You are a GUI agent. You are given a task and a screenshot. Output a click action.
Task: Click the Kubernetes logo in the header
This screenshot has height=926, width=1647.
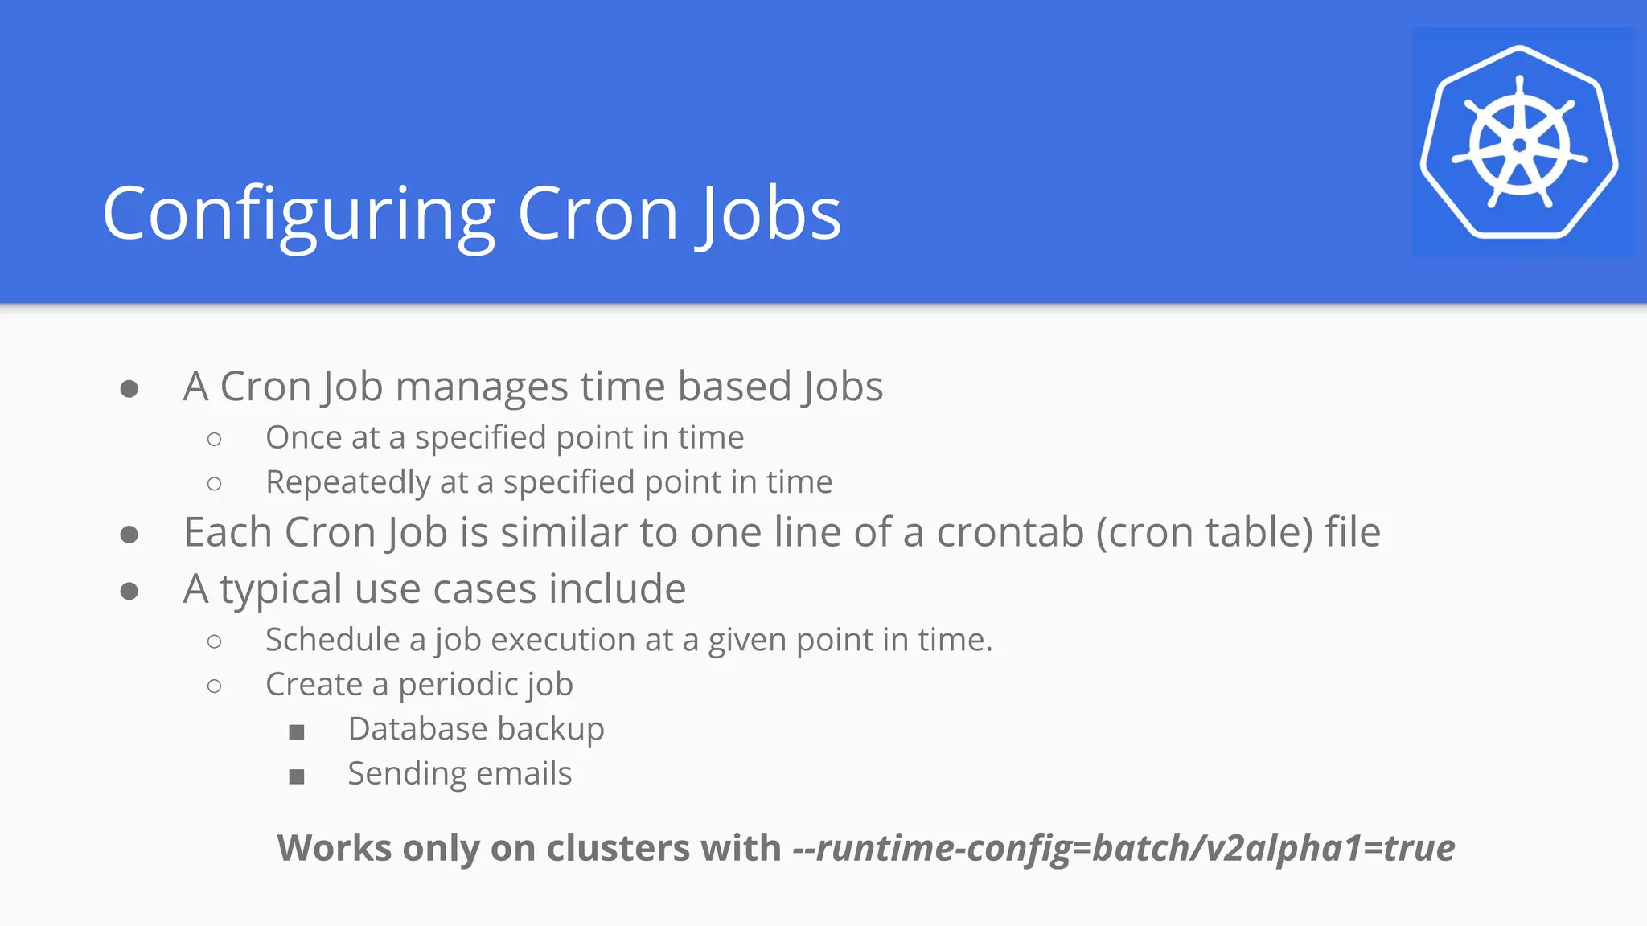click(1520, 143)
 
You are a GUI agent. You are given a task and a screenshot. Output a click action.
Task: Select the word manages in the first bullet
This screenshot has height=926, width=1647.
click(482, 387)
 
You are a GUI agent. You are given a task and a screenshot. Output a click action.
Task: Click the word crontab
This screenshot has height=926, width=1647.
click(1009, 532)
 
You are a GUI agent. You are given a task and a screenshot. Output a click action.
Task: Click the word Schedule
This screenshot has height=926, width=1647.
click(333, 640)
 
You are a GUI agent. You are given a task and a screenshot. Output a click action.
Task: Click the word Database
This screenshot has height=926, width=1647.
click(408, 729)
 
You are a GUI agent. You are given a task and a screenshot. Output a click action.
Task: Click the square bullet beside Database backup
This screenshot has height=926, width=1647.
click(297, 731)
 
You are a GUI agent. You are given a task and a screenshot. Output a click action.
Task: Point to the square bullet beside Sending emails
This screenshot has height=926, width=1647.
click(297, 776)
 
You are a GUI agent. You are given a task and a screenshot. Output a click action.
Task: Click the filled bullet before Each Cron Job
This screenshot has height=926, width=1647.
click(129, 535)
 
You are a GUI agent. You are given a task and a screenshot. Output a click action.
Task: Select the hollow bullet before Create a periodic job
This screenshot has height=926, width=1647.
click(214, 686)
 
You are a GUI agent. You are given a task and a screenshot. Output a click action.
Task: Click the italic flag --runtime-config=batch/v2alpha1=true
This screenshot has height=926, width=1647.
click(1123, 848)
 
